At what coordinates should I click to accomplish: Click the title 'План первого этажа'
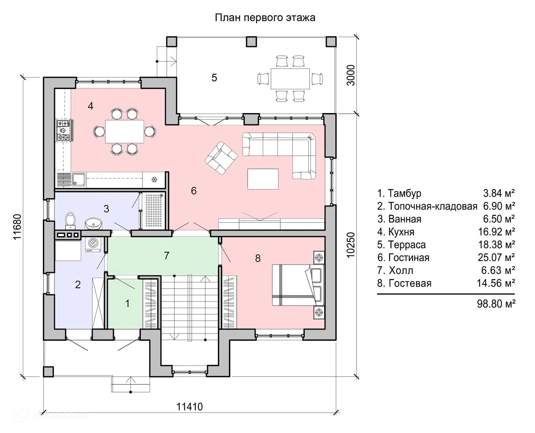click(x=265, y=18)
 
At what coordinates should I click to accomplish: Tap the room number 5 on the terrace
click(x=214, y=77)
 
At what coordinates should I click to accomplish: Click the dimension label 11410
click(x=190, y=407)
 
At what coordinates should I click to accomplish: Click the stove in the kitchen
click(x=64, y=130)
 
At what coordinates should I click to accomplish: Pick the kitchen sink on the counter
click(x=78, y=180)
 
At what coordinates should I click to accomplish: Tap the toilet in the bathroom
click(x=71, y=220)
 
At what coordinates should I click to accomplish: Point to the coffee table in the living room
click(x=263, y=179)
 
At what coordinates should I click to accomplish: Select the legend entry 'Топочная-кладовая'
click(x=433, y=206)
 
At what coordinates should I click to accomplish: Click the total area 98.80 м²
click(x=496, y=304)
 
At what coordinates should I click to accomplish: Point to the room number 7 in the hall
click(x=167, y=255)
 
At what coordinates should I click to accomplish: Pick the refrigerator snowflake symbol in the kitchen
click(x=154, y=180)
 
